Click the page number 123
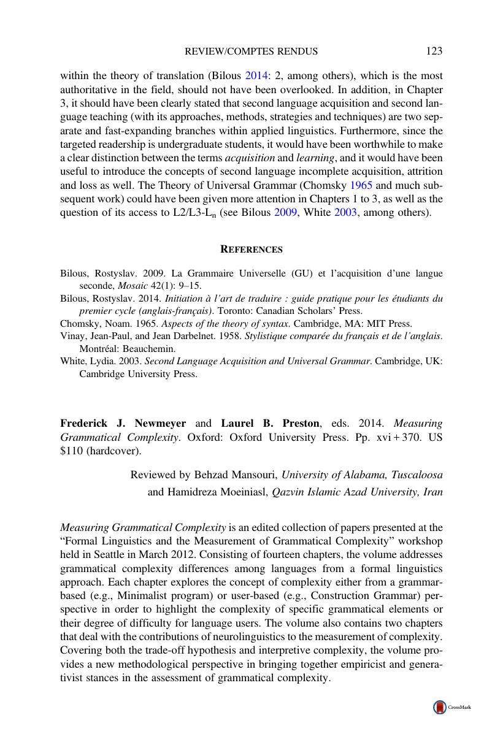434,51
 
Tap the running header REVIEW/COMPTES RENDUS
251,52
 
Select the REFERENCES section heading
252,250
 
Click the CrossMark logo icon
440,707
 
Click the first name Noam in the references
109,324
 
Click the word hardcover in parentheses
116,451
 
